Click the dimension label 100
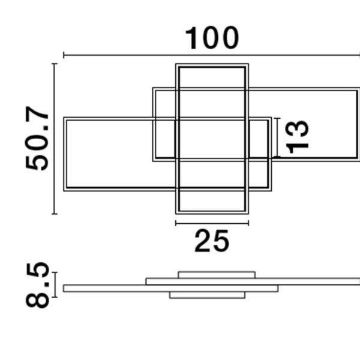click(212, 38)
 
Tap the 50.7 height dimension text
click(37, 139)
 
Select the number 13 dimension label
click(297, 137)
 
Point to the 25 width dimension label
click(212, 241)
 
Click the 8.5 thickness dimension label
click(37, 285)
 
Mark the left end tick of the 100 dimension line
click(64, 55)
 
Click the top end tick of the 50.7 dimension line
click(55, 64)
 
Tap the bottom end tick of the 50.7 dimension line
click(55, 214)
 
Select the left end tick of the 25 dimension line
click(176, 223)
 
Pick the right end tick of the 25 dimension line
click(248, 223)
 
